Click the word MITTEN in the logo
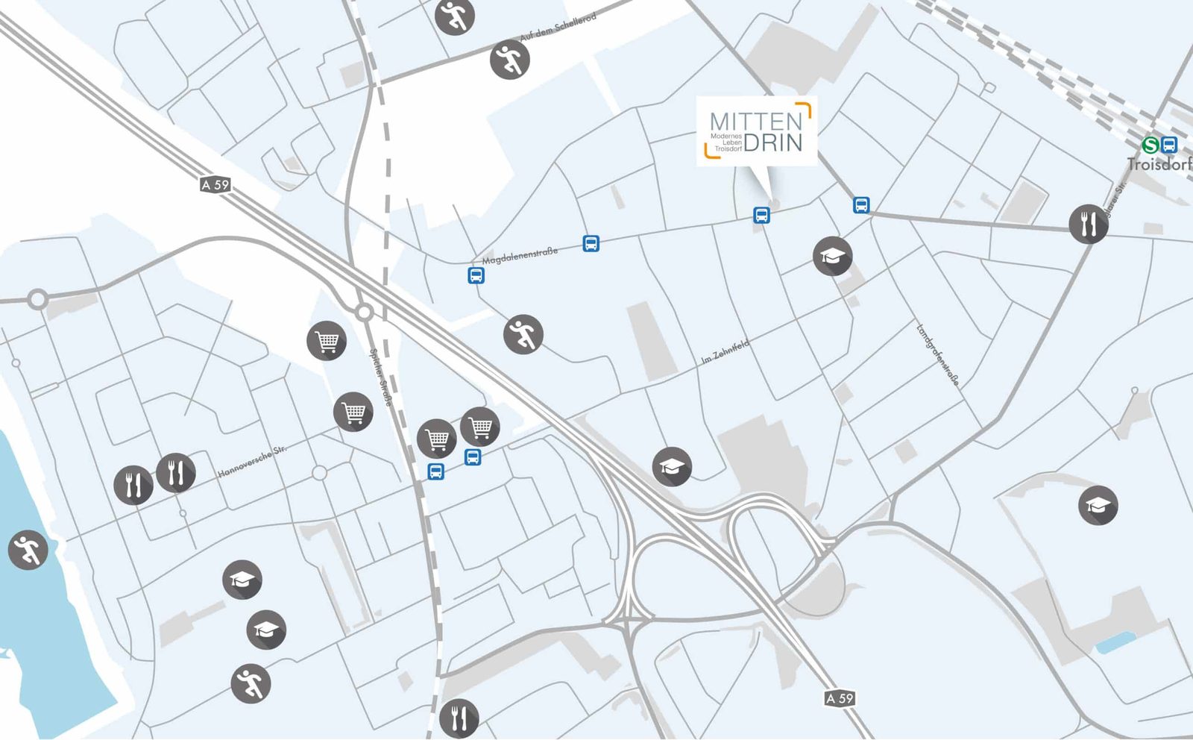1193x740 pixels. point(755,121)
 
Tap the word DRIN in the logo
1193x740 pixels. point(773,142)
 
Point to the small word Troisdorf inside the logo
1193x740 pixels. point(728,149)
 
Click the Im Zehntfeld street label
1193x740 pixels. point(725,351)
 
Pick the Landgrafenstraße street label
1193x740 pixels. point(937,354)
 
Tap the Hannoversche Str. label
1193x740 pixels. point(252,462)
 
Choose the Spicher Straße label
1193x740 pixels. point(380,377)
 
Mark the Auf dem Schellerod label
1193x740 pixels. point(558,27)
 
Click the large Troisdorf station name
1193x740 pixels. point(1159,164)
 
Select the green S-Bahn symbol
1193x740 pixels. point(1150,145)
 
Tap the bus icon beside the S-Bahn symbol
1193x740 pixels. point(1169,145)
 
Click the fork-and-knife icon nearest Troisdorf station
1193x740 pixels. point(1088,223)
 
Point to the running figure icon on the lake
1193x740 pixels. point(28,551)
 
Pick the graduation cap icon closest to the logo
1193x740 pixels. point(832,257)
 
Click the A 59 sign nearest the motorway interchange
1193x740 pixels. point(840,698)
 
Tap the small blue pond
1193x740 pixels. point(1115,642)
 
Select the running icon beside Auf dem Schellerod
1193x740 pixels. point(510,60)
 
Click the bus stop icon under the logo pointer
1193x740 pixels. point(761,215)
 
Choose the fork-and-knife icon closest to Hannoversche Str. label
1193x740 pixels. point(176,472)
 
